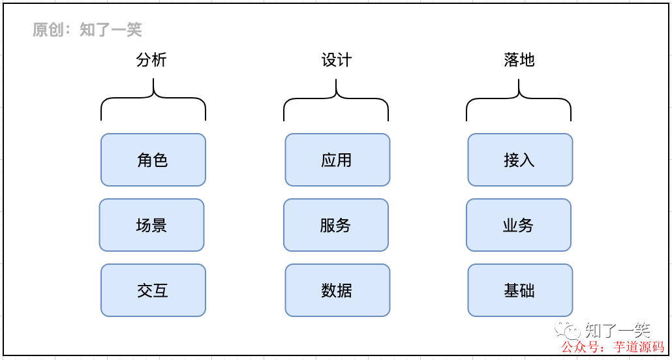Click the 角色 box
click(153, 160)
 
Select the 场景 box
click(151, 225)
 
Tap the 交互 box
click(153, 290)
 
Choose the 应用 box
click(337, 160)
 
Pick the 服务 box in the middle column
click(335, 225)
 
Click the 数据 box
click(337, 290)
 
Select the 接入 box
click(519, 160)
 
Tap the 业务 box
click(518, 225)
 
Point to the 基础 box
click(519, 290)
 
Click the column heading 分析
click(152, 60)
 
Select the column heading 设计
click(336, 60)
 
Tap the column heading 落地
click(519, 60)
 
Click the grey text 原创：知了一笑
click(87, 29)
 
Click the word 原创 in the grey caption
click(48, 29)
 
